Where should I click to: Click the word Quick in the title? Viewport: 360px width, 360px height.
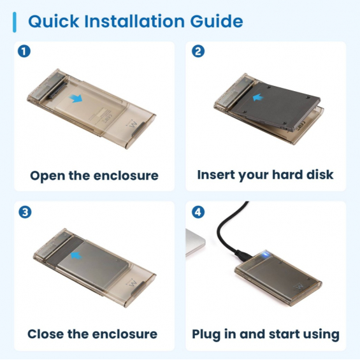point(54,22)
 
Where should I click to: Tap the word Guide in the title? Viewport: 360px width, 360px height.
point(217,21)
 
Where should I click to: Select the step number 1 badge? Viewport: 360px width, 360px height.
point(24,51)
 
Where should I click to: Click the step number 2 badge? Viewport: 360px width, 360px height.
point(198,51)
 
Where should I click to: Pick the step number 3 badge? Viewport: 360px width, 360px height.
point(25,212)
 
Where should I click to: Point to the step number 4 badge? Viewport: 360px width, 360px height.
point(198,212)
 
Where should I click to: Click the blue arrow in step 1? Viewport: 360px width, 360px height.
point(76,99)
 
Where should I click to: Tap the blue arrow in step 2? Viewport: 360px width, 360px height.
point(258,97)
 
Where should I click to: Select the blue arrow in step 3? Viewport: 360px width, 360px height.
point(76,256)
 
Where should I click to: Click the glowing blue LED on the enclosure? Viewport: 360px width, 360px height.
point(266,254)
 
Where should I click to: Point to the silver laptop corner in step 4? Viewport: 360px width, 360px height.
point(195,242)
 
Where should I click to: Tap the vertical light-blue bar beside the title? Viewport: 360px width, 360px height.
point(15,22)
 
